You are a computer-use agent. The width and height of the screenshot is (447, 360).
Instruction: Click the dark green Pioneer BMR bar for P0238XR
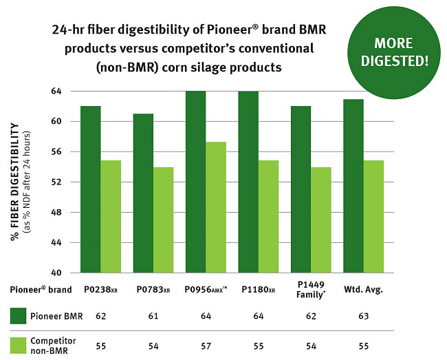click(90, 189)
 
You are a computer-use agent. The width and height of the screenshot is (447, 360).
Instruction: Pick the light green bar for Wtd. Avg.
click(373, 217)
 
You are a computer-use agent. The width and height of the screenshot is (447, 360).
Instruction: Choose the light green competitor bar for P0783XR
click(163, 220)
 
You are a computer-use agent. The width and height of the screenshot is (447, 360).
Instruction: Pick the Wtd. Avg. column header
click(362, 290)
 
